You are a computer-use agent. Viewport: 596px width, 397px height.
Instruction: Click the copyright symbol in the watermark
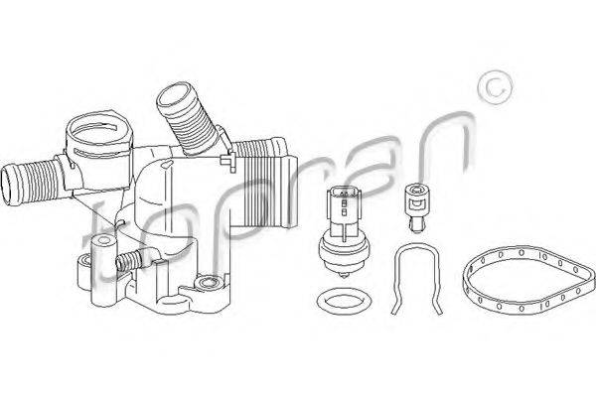pos(496,87)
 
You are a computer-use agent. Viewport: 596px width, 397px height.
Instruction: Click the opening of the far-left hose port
pos(9,187)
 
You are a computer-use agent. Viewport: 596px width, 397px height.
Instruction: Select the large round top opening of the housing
pos(98,129)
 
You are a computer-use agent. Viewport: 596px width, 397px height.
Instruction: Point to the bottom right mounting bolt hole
pos(208,283)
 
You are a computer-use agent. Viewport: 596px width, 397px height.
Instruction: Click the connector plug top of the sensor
pos(343,201)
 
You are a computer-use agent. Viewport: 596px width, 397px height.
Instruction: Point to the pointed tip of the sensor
pos(344,276)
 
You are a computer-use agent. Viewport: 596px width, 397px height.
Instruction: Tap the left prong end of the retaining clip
pos(393,312)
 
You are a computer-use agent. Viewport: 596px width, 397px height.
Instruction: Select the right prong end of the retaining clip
pos(440,312)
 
